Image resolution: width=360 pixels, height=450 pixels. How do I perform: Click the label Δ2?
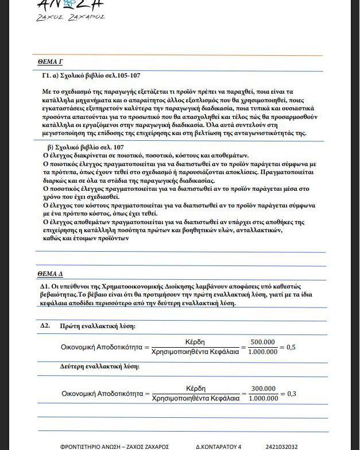point(45,326)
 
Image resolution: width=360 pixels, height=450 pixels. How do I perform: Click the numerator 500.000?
point(263,341)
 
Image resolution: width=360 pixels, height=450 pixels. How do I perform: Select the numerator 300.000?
point(263,388)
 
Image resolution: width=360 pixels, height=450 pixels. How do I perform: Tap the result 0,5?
point(291,347)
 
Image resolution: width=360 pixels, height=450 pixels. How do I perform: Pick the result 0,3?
point(291,394)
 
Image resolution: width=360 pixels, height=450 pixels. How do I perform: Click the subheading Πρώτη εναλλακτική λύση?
point(97,326)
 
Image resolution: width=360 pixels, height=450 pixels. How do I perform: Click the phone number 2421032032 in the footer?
point(282,446)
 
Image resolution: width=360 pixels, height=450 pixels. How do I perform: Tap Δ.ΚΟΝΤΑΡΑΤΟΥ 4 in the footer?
point(219,446)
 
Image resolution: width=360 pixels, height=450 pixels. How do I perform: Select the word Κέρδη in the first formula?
point(196,342)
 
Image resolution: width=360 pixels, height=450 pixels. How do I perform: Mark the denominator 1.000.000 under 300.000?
point(264,398)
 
